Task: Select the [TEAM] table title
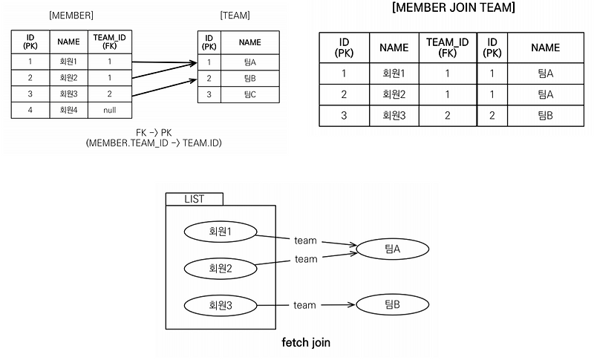(x=235, y=15)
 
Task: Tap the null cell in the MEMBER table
(x=110, y=110)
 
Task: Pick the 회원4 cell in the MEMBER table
(x=68, y=110)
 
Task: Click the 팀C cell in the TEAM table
(x=249, y=94)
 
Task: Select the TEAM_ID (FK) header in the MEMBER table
(x=110, y=42)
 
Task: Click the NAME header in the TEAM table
(x=249, y=42)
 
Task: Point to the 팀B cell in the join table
(x=545, y=116)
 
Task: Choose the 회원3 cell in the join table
(x=394, y=116)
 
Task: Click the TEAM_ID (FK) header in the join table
(x=447, y=48)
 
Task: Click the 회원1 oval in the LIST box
(x=220, y=232)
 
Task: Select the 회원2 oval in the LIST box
(x=220, y=267)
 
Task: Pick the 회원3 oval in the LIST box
(x=220, y=304)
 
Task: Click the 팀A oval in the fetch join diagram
(x=393, y=249)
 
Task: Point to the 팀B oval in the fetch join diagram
(x=393, y=304)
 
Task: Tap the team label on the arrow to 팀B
(x=304, y=304)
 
